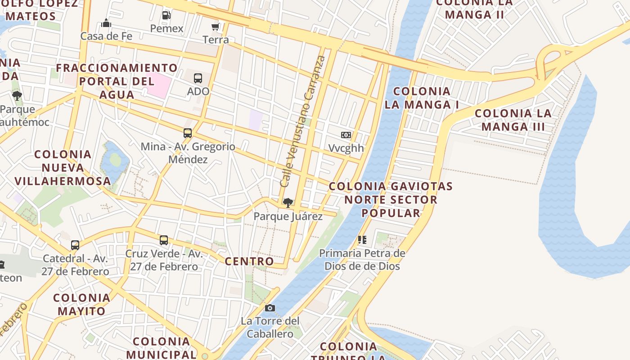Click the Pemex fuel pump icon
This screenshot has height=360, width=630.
pyautogui.click(x=166, y=15)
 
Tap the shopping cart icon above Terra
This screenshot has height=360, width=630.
pyautogui.click(x=216, y=27)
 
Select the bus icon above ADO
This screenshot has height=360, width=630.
pyautogui.click(x=198, y=78)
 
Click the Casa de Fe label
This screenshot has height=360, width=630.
pyautogui.click(x=106, y=36)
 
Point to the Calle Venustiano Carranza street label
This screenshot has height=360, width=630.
pyautogui.click(x=302, y=121)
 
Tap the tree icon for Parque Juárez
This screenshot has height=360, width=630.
pyautogui.click(x=288, y=203)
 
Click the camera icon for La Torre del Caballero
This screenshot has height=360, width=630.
pyautogui.click(x=270, y=308)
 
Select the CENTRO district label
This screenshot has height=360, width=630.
pyautogui.click(x=249, y=261)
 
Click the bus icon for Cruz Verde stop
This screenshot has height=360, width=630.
pyautogui.click(x=164, y=240)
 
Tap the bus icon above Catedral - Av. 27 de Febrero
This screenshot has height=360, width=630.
pyautogui.click(x=75, y=246)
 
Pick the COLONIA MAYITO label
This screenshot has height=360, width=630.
pyautogui.click(x=81, y=305)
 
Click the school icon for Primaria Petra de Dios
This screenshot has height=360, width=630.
pyautogui.click(x=362, y=240)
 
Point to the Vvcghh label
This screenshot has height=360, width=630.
pyautogui.click(x=346, y=148)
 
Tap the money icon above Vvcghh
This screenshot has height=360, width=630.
pyautogui.click(x=346, y=135)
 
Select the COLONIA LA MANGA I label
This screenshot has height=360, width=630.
pyautogui.click(x=422, y=98)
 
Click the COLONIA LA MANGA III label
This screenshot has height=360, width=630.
pyautogui.click(x=513, y=120)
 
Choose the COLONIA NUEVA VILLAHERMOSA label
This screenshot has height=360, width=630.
pyautogui.click(x=63, y=168)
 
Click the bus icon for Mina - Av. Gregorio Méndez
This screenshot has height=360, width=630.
pyautogui.click(x=188, y=133)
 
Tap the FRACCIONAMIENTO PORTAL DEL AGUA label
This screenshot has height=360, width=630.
pyautogui.click(x=117, y=81)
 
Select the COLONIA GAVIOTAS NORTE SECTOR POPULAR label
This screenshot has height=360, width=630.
pyautogui.click(x=391, y=199)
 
